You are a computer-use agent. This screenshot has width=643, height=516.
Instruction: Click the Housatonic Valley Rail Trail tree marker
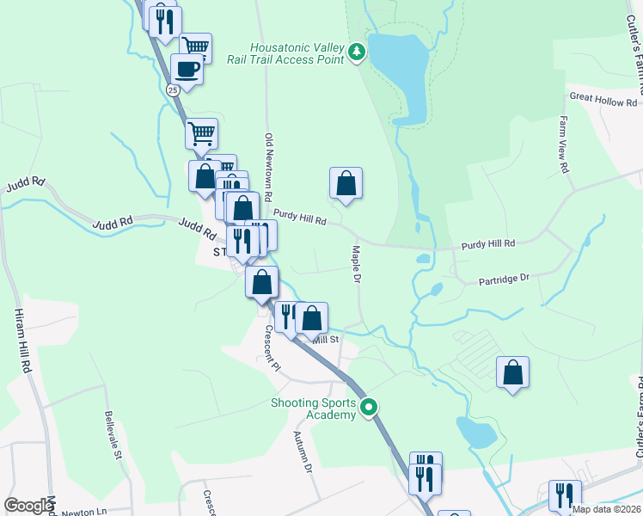point(357,52)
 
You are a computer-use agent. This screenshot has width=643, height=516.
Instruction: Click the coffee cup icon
point(187,69)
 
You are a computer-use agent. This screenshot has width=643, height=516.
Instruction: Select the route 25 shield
point(173,89)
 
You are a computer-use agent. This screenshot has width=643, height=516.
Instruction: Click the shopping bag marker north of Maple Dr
point(346,183)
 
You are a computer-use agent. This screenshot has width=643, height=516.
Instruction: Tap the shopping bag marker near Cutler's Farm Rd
point(512,372)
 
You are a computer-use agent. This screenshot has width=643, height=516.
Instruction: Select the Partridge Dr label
point(504,279)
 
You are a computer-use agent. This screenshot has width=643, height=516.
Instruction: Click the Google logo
point(28,506)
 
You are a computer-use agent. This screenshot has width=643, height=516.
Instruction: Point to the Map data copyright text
point(605,509)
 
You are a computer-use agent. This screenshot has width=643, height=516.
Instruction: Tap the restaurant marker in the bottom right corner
point(565,494)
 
